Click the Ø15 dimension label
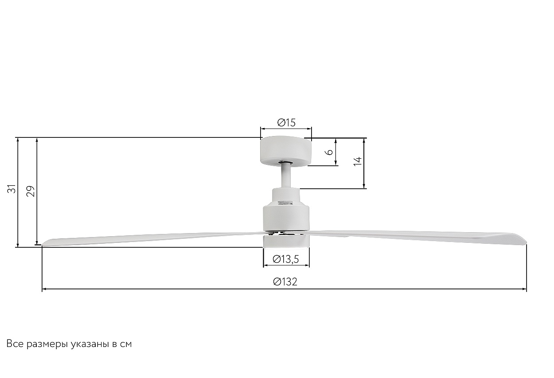pos(286,123)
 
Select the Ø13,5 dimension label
pos(286,259)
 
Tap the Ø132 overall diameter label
pos(285,281)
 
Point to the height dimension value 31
pos(12,189)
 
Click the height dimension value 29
pos(31,191)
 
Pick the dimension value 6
pos(330,152)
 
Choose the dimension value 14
pos(358,161)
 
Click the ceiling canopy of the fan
pos(286,151)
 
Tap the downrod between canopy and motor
pos(286,176)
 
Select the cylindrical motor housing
pos(286,210)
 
